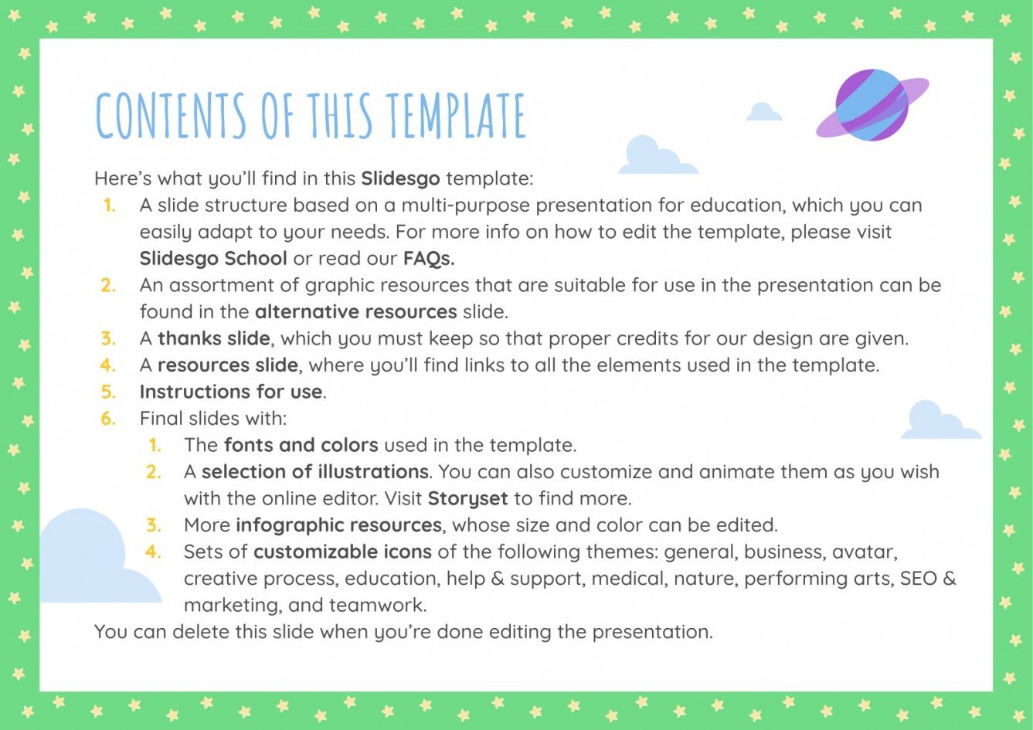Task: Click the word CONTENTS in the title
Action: tap(170, 116)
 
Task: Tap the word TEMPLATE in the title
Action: tap(456, 116)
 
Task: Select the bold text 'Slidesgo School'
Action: tap(213, 258)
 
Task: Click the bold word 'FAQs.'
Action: tap(429, 258)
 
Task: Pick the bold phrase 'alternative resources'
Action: tap(356, 311)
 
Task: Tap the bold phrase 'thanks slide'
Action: tap(214, 338)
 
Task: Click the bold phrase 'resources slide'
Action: tap(228, 365)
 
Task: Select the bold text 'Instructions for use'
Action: tap(231, 392)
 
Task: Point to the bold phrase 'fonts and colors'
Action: tap(301, 445)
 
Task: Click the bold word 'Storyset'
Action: tap(468, 498)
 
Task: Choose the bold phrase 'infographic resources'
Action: tap(339, 525)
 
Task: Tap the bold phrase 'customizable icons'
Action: tap(343, 552)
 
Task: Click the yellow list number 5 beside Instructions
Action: tap(108, 392)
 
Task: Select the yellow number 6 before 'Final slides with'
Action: tap(108, 419)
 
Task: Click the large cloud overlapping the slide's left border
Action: tap(89, 560)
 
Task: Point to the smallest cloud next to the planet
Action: tap(763, 112)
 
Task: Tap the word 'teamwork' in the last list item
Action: tap(377, 605)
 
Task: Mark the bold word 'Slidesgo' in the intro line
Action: tap(400, 178)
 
